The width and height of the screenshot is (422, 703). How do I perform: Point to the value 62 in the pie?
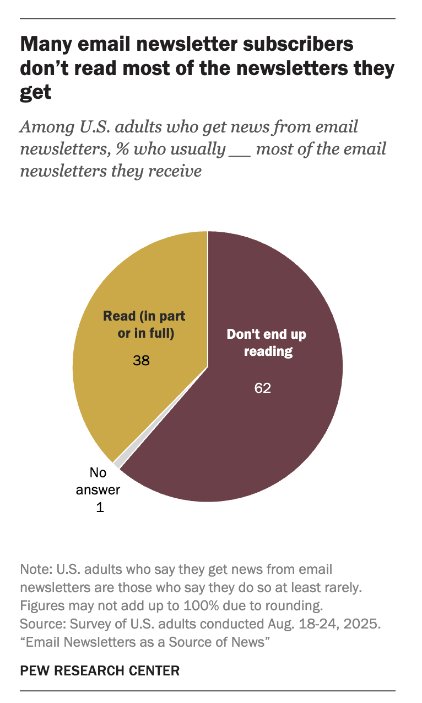pyautogui.click(x=263, y=388)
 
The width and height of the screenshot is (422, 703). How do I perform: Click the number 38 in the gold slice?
pyautogui.click(x=142, y=361)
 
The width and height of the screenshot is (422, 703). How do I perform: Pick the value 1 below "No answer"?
pyautogui.click(x=100, y=507)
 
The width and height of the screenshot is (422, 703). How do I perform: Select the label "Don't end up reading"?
pyautogui.click(x=267, y=343)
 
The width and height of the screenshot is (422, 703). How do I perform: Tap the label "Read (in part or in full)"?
pyautogui.click(x=144, y=324)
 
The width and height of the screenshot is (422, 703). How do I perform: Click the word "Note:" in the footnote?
pyautogui.click(x=34, y=569)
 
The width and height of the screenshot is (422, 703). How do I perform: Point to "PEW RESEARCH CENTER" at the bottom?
pyautogui.click(x=100, y=670)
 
